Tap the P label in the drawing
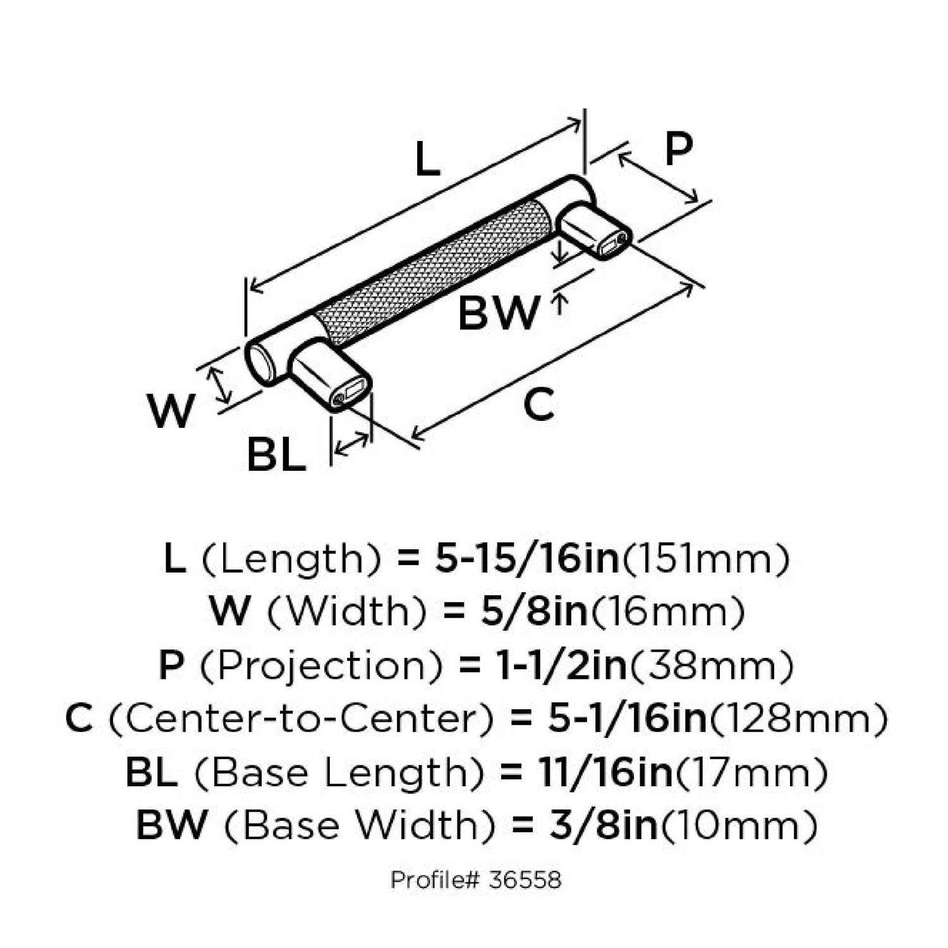[x=679, y=149]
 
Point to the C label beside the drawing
[x=539, y=405]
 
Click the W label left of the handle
[x=171, y=410]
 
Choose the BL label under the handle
[x=276, y=454]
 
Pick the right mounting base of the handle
[x=594, y=231]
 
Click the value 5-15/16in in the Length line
[x=527, y=559]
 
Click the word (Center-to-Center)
[x=301, y=719]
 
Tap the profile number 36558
[x=525, y=880]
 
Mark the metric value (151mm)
[x=706, y=559]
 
